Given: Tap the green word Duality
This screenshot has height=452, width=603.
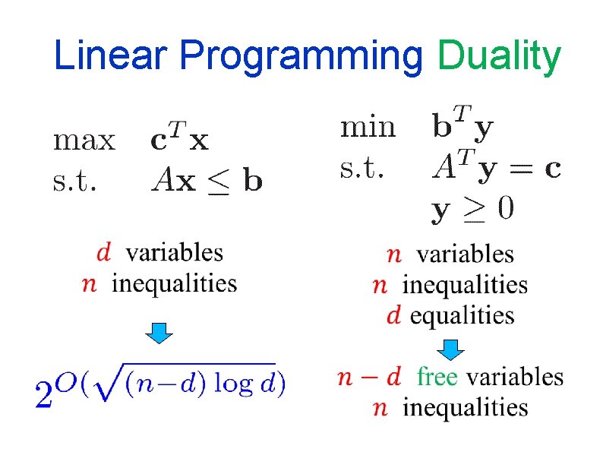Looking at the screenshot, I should click(499, 57).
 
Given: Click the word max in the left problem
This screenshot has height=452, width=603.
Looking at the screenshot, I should click(84, 141).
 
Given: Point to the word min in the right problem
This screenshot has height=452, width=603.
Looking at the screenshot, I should click(368, 127).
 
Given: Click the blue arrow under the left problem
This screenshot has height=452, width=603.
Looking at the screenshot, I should click(159, 332).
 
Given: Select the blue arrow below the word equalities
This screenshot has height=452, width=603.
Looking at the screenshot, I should click(452, 348).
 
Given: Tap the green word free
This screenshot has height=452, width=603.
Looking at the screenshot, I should click(437, 377).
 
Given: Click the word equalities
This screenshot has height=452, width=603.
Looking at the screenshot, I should click(463, 315).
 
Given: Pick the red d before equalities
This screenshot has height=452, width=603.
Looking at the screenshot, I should click(393, 315).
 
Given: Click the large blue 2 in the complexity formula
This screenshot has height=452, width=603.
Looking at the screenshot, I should click(45, 393).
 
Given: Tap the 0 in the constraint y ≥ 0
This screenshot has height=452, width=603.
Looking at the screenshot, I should click(504, 210).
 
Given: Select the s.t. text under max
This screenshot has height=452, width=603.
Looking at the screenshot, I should click(74, 181).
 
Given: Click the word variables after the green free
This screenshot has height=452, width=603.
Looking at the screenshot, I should click(514, 377).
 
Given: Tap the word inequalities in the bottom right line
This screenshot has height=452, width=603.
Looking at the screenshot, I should click(465, 408).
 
